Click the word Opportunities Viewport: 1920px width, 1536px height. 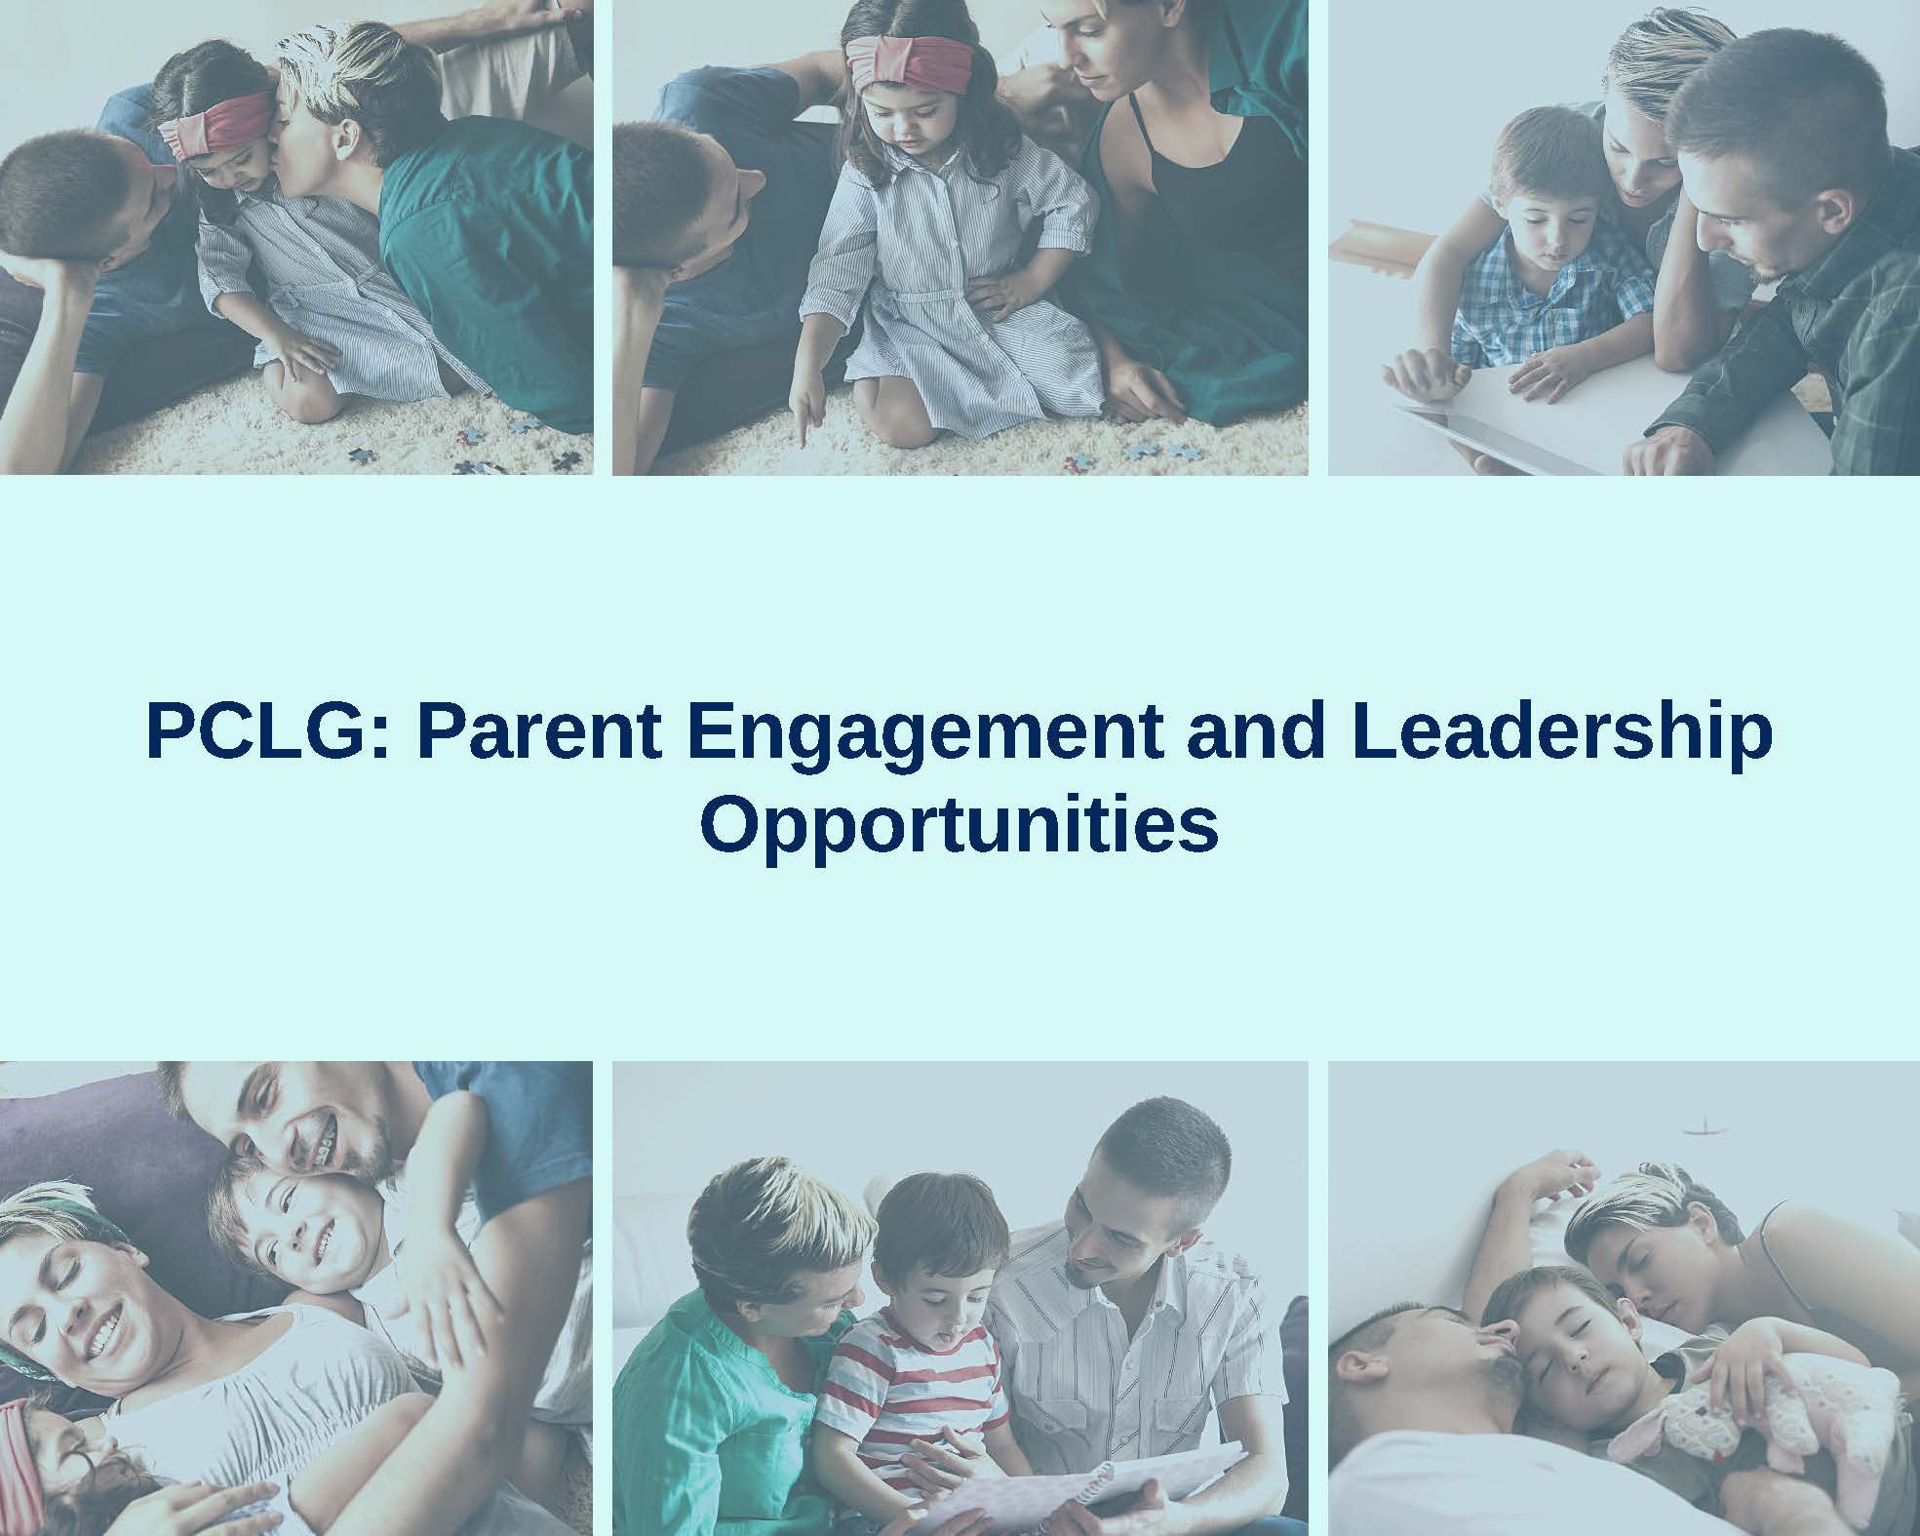point(960,825)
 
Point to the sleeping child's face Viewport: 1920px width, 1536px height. point(1560,1346)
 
